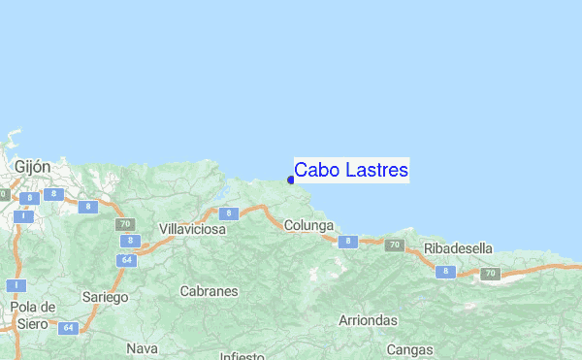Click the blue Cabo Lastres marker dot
pyautogui.click(x=291, y=179)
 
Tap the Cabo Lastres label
pyautogui.click(x=351, y=170)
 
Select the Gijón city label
pyautogui.click(x=32, y=167)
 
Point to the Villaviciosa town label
pyautogui.click(x=192, y=229)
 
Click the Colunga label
pyautogui.click(x=308, y=225)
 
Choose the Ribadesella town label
pyautogui.click(x=459, y=248)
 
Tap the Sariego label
pyautogui.click(x=103, y=297)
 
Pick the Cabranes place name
pyautogui.click(x=209, y=290)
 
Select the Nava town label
pyautogui.click(x=142, y=347)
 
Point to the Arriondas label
pyautogui.click(x=368, y=319)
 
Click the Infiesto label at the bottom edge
pyautogui.click(x=241, y=355)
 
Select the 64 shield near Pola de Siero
pyautogui.click(x=67, y=328)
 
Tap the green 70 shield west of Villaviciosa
pyautogui.click(x=125, y=224)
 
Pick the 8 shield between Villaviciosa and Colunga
pyautogui.click(x=226, y=213)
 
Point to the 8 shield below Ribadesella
pyautogui.click(x=445, y=272)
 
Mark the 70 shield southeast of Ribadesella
pyautogui.click(x=490, y=274)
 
